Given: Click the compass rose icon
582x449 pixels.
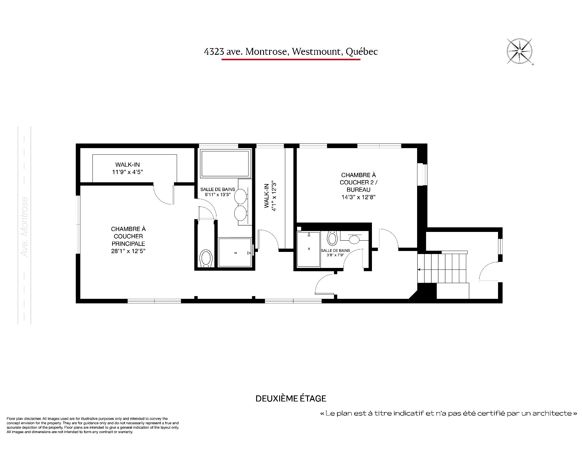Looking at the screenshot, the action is [520, 51].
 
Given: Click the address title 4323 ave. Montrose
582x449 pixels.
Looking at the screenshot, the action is [245, 52].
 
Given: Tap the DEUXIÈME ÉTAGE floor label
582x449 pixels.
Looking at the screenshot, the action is [291, 398].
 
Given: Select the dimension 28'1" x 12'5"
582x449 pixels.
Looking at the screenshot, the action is [128, 251].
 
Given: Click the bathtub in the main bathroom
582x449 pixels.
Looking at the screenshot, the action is [225, 163].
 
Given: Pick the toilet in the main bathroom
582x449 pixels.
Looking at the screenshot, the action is [206, 258].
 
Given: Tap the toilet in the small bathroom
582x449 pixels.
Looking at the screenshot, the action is [333, 238].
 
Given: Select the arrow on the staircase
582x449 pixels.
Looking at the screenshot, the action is [420, 269].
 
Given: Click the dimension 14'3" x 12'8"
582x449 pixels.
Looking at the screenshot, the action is [359, 197].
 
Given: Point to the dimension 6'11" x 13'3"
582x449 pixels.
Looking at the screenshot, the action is [218, 195].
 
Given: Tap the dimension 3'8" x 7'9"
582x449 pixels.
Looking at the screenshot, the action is [335, 255].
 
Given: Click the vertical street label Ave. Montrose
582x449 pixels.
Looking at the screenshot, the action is [25, 227].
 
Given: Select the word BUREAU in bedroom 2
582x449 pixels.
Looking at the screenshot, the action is [359, 190].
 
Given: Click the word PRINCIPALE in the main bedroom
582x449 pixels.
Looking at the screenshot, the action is [128, 244].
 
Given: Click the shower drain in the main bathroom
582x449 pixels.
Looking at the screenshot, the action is [236, 253].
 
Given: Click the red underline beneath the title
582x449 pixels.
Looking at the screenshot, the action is [291, 59].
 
